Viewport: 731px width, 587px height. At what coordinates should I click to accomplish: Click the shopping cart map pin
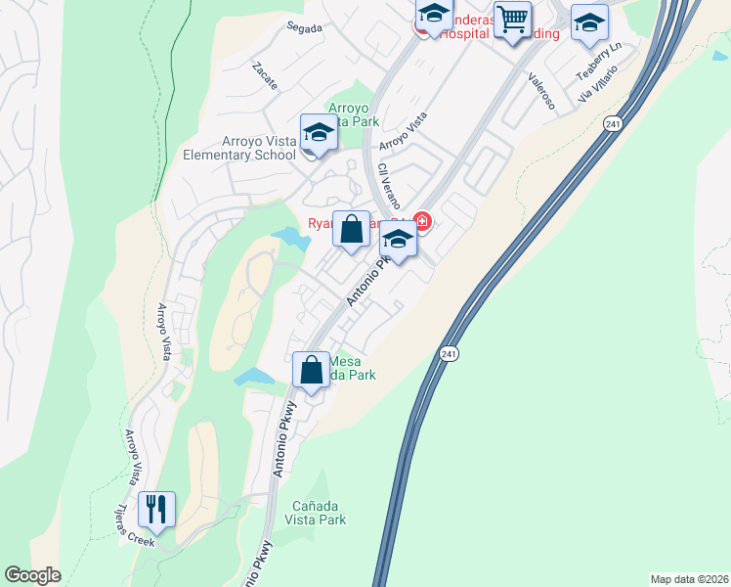[512, 20]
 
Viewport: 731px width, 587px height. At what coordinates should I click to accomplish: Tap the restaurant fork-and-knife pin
[156, 510]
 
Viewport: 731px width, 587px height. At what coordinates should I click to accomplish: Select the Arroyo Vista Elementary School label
[239, 149]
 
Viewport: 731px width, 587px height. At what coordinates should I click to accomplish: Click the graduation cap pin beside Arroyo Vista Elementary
[319, 133]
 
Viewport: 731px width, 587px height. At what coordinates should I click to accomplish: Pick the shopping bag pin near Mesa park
[312, 371]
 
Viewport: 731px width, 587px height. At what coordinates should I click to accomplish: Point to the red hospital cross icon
[423, 223]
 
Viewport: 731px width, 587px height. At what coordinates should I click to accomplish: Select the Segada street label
[305, 28]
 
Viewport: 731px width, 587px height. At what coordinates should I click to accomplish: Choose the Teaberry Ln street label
[598, 62]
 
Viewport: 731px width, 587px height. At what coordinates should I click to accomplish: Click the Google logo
[33, 575]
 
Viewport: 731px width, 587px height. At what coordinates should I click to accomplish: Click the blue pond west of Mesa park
[254, 376]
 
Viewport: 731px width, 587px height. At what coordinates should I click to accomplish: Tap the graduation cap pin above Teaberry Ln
[589, 23]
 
